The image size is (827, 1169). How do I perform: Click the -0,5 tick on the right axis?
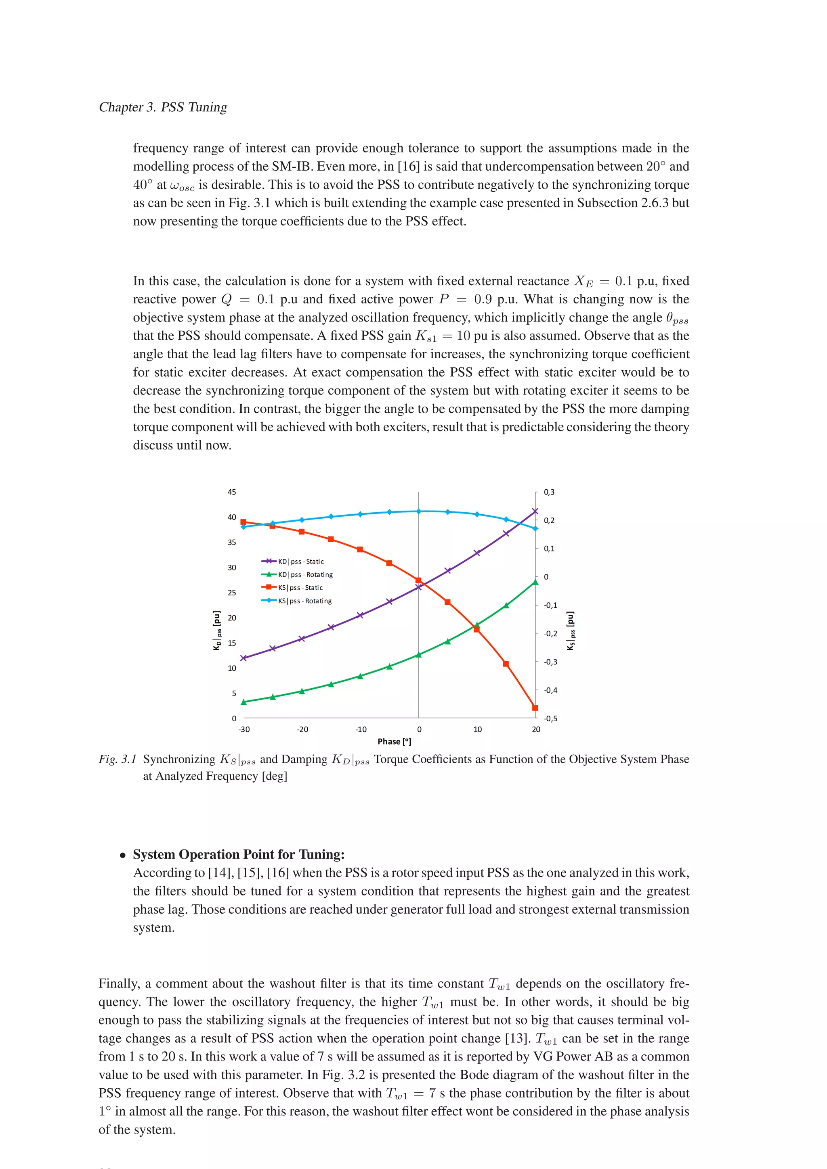pyautogui.click(x=550, y=718)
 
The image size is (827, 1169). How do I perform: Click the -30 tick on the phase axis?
pyautogui.click(x=244, y=729)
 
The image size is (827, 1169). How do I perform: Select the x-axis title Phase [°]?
pyautogui.click(x=394, y=741)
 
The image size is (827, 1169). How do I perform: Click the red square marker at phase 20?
pyautogui.click(x=535, y=708)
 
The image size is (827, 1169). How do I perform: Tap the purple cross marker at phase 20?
pyautogui.click(x=535, y=511)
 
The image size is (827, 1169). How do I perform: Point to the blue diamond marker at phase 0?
pyautogui.click(x=419, y=511)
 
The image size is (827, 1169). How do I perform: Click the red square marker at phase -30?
pyautogui.click(x=243, y=522)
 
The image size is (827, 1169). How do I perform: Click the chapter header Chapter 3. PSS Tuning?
pyautogui.click(x=163, y=107)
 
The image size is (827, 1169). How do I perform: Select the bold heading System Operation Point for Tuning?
pyautogui.click(x=239, y=854)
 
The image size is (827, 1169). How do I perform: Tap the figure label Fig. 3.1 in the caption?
pyautogui.click(x=118, y=759)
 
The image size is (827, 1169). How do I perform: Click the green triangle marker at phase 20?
pyautogui.click(x=535, y=582)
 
